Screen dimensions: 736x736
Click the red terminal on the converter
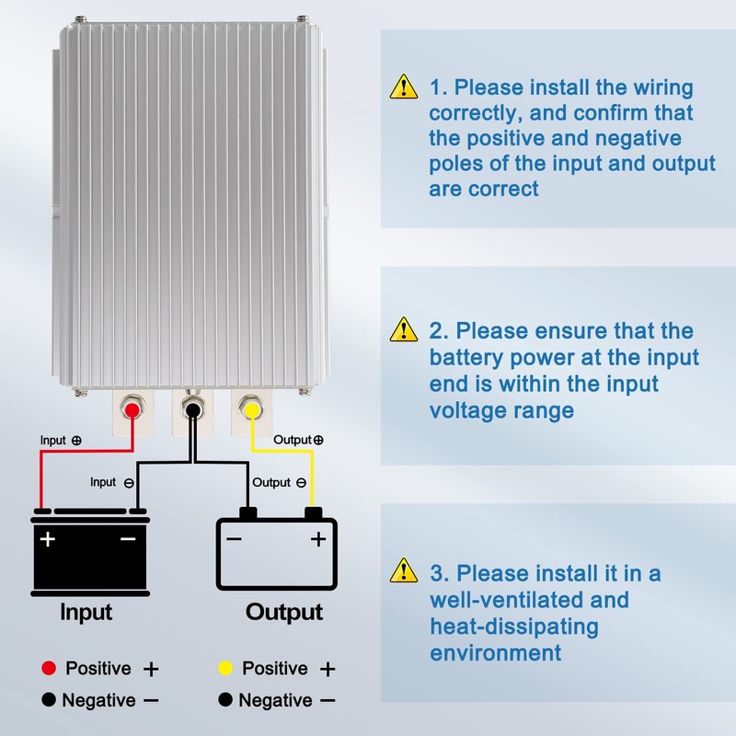(x=132, y=409)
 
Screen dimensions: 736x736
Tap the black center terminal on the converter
(x=192, y=409)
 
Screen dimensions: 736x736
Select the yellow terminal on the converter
(x=251, y=409)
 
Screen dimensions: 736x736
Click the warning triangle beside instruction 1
(x=404, y=86)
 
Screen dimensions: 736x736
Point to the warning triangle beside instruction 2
(x=404, y=329)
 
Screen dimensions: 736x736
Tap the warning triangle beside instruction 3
(x=404, y=570)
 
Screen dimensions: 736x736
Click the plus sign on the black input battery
(x=48, y=539)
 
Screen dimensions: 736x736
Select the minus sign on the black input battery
(x=128, y=539)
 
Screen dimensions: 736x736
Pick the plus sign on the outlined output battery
(x=318, y=539)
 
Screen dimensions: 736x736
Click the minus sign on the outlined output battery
(x=234, y=539)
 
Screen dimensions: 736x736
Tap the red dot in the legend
(x=49, y=668)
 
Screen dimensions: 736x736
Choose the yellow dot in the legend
(x=225, y=668)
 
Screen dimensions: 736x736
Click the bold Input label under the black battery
(x=86, y=613)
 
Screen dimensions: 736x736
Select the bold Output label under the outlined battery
(x=284, y=613)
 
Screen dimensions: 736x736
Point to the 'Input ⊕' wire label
(x=61, y=441)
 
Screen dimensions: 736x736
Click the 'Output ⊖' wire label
(x=280, y=482)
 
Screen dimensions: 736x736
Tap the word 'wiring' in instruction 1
(x=663, y=88)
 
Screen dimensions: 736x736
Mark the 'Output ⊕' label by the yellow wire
(x=298, y=440)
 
